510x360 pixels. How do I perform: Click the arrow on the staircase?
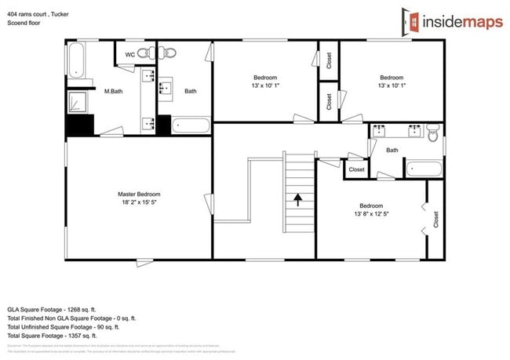click(x=298, y=198)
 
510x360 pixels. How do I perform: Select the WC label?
click(x=129, y=54)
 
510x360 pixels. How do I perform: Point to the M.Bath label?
click(x=114, y=92)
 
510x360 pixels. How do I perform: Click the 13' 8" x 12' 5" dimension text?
click(x=372, y=213)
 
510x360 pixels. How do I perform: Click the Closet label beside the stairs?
click(x=356, y=169)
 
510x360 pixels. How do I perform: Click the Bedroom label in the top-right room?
click(x=392, y=77)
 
